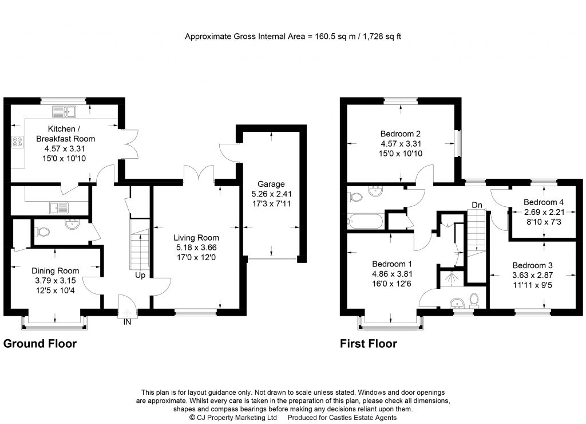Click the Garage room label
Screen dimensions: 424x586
pyautogui.click(x=271, y=184)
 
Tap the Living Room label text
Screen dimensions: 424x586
pyautogui.click(x=196, y=238)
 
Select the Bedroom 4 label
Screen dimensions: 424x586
pyautogui.click(x=544, y=202)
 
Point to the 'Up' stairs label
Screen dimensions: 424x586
pyautogui.click(x=139, y=275)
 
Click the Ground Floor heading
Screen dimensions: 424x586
pyautogui.click(x=40, y=344)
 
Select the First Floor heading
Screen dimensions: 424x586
pyautogui.click(x=369, y=344)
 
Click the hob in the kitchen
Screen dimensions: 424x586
pyautogui.click(x=17, y=141)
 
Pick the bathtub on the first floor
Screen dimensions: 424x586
pyautogui.click(x=366, y=220)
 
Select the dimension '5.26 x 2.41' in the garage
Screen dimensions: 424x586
pyautogui.click(x=271, y=194)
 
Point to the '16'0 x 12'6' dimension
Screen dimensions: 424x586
pyautogui.click(x=391, y=284)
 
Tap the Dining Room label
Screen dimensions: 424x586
pyautogui.click(x=56, y=270)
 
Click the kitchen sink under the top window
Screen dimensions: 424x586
pyautogui.click(x=68, y=111)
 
